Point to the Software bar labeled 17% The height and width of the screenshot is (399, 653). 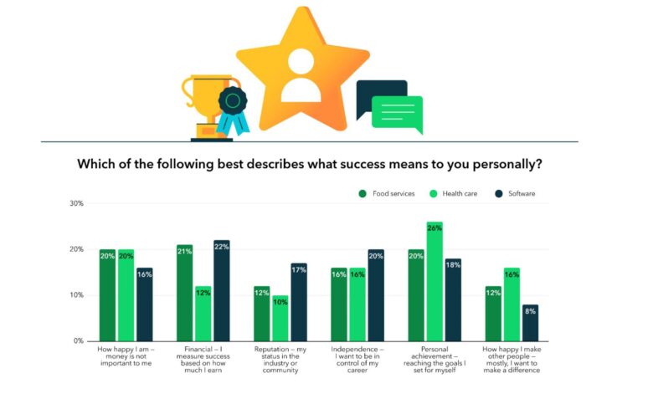pos(298,302)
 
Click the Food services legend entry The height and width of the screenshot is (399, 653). pos(387,193)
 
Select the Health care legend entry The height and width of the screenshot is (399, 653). pos(457,193)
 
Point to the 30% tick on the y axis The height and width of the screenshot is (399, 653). pos(76,203)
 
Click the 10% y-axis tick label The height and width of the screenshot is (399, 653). pos(76,295)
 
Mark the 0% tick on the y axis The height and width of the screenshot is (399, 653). pos(78,341)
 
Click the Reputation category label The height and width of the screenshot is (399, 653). pos(280,359)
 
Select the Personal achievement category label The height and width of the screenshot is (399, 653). pos(434,359)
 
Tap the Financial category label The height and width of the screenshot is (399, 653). pos(202,359)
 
